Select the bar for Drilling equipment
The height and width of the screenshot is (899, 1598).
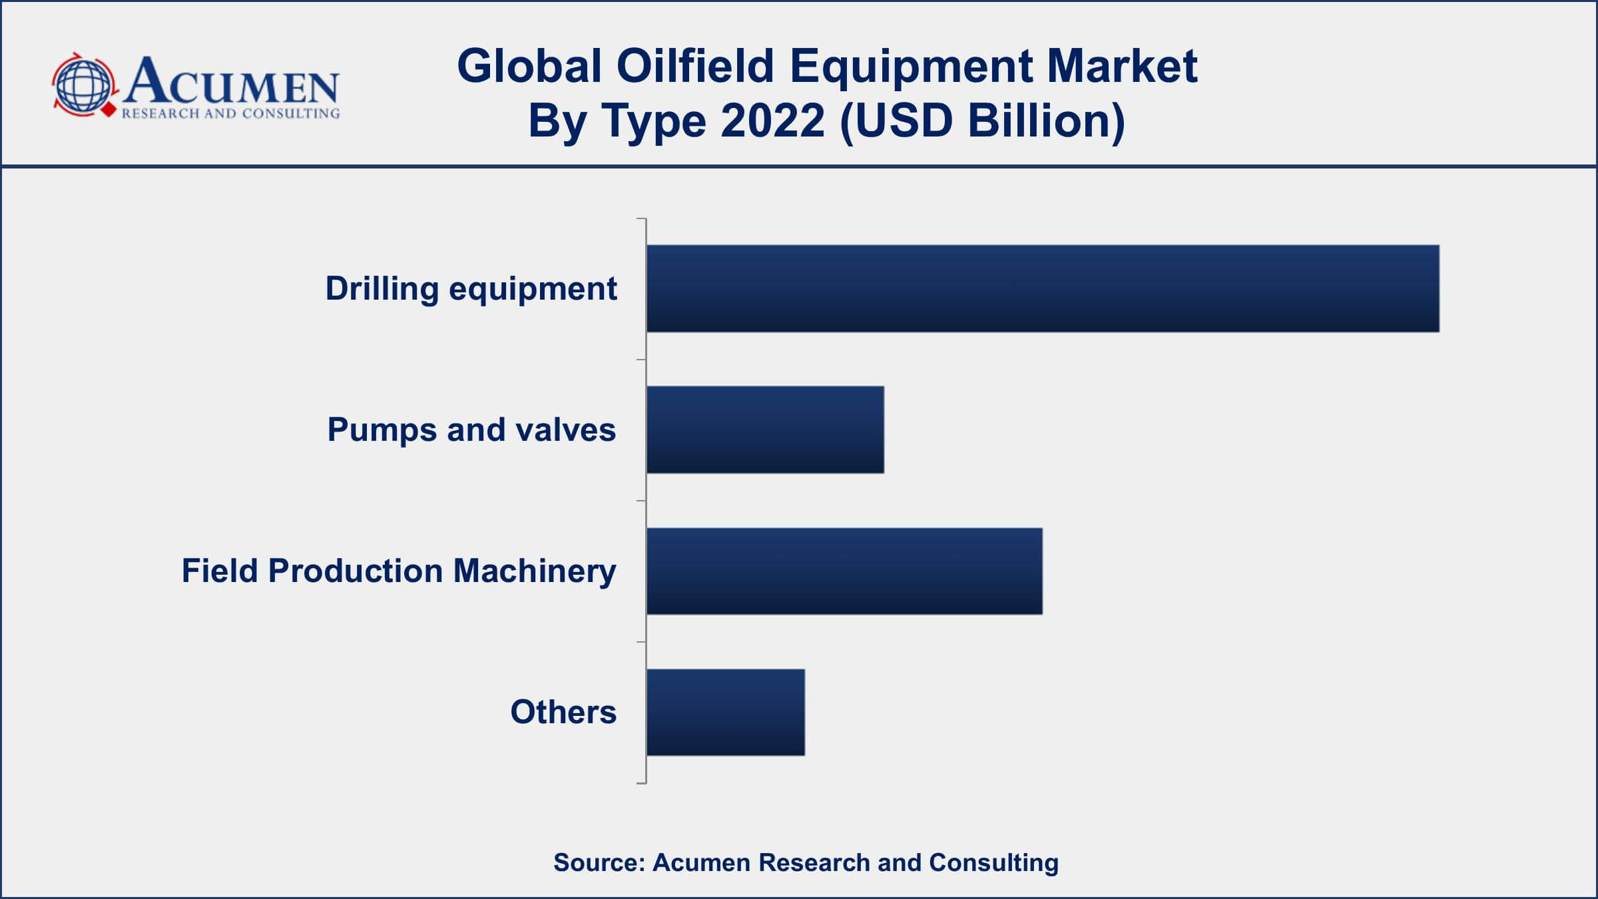(x=1043, y=288)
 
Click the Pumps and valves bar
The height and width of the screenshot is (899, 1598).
(x=765, y=430)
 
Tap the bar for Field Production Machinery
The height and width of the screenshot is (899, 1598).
(x=844, y=571)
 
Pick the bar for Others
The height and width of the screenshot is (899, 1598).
(x=726, y=713)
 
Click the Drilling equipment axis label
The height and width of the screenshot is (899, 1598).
(x=471, y=289)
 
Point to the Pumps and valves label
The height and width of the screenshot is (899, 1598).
(x=471, y=430)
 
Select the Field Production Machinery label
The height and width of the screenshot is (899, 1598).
(x=399, y=571)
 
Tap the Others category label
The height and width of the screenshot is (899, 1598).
(x=563, y=712)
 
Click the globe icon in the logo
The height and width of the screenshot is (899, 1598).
(x=83, y=85)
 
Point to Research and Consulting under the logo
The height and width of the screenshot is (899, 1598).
(x=230, y=114)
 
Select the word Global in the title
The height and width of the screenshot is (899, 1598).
(x=529, y=66)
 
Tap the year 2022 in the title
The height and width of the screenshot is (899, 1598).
(x=772, y=121)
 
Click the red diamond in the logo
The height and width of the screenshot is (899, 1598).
(x=108, y=109)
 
